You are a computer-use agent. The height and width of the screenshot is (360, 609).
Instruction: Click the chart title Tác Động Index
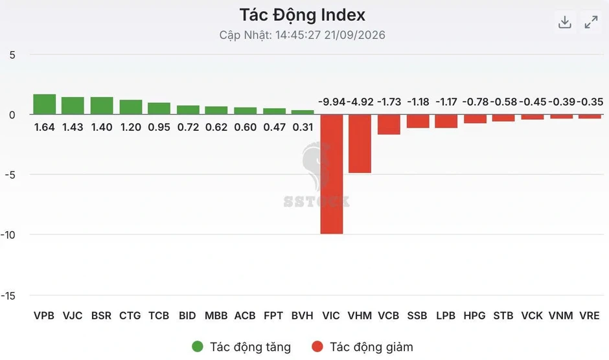tap(302, 15)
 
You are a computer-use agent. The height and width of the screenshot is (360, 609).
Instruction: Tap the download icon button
tap(565, 22)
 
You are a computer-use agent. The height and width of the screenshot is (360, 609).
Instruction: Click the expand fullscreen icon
tap(591, 22)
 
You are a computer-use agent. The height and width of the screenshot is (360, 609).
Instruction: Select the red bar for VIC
tap(332, 174)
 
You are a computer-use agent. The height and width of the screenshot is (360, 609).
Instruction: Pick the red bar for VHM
tap(360, 144)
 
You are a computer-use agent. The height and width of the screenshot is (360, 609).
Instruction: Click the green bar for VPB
tap(44, 104)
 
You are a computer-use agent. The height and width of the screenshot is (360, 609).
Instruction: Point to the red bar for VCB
tap(389, 125)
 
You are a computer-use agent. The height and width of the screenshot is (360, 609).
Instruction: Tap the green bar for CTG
tap(131, 107)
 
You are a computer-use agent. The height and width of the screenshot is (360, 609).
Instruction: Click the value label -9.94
tap(332, 102)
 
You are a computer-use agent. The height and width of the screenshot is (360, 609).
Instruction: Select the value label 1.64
tap(44, 128)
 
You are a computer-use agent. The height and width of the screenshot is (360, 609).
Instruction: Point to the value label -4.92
tap(360, 102)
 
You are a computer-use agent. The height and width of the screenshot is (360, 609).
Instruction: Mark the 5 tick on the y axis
tap(12, 55)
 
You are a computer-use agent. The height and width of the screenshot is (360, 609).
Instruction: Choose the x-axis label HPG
tap(475, 316)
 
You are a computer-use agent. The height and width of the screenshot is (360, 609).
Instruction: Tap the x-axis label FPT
tap(273, 316)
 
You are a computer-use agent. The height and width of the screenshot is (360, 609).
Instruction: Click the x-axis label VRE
tap(590, 316)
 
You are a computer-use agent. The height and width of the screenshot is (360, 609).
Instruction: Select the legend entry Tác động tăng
tap(241, 347)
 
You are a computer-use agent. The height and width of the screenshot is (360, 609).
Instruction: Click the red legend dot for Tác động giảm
tap(317, 347)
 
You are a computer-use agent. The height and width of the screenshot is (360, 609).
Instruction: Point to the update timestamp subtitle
tap(302, 36)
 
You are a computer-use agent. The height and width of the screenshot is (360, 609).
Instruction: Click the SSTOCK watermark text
tap(317, 201)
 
